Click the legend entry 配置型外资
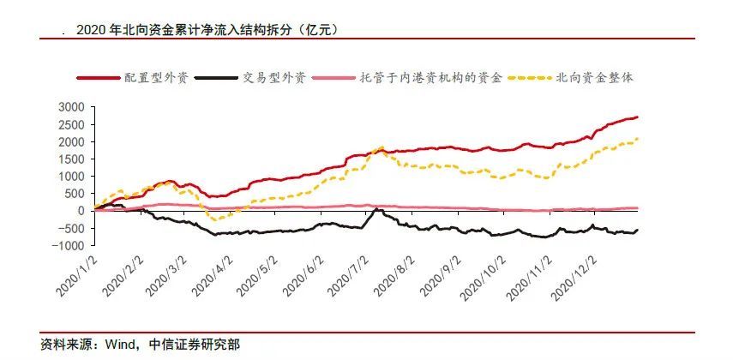pos(147,77)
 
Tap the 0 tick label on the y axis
pos(83,211)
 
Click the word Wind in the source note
pos(119,345)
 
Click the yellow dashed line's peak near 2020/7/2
pos(380,147)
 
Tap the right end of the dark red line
pos(637,117)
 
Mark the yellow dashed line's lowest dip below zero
pos(214,221)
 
